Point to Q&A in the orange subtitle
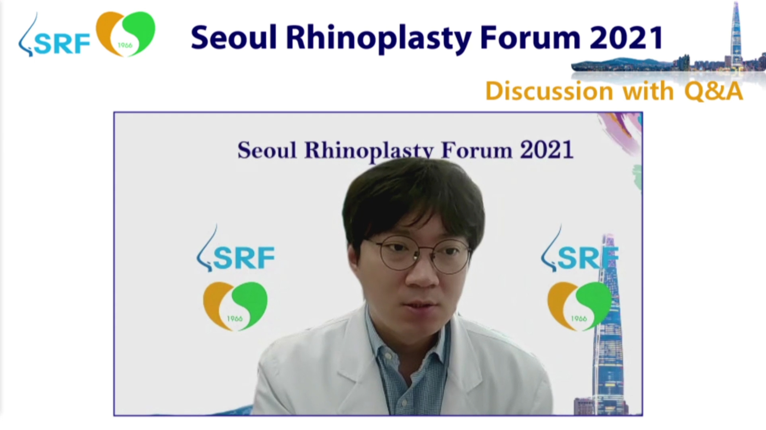(714, 91)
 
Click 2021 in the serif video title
(546, 149)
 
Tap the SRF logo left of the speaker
(236, 249)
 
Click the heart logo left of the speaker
(235, 306)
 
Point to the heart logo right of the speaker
(579, 306)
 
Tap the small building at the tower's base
(584, 407)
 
